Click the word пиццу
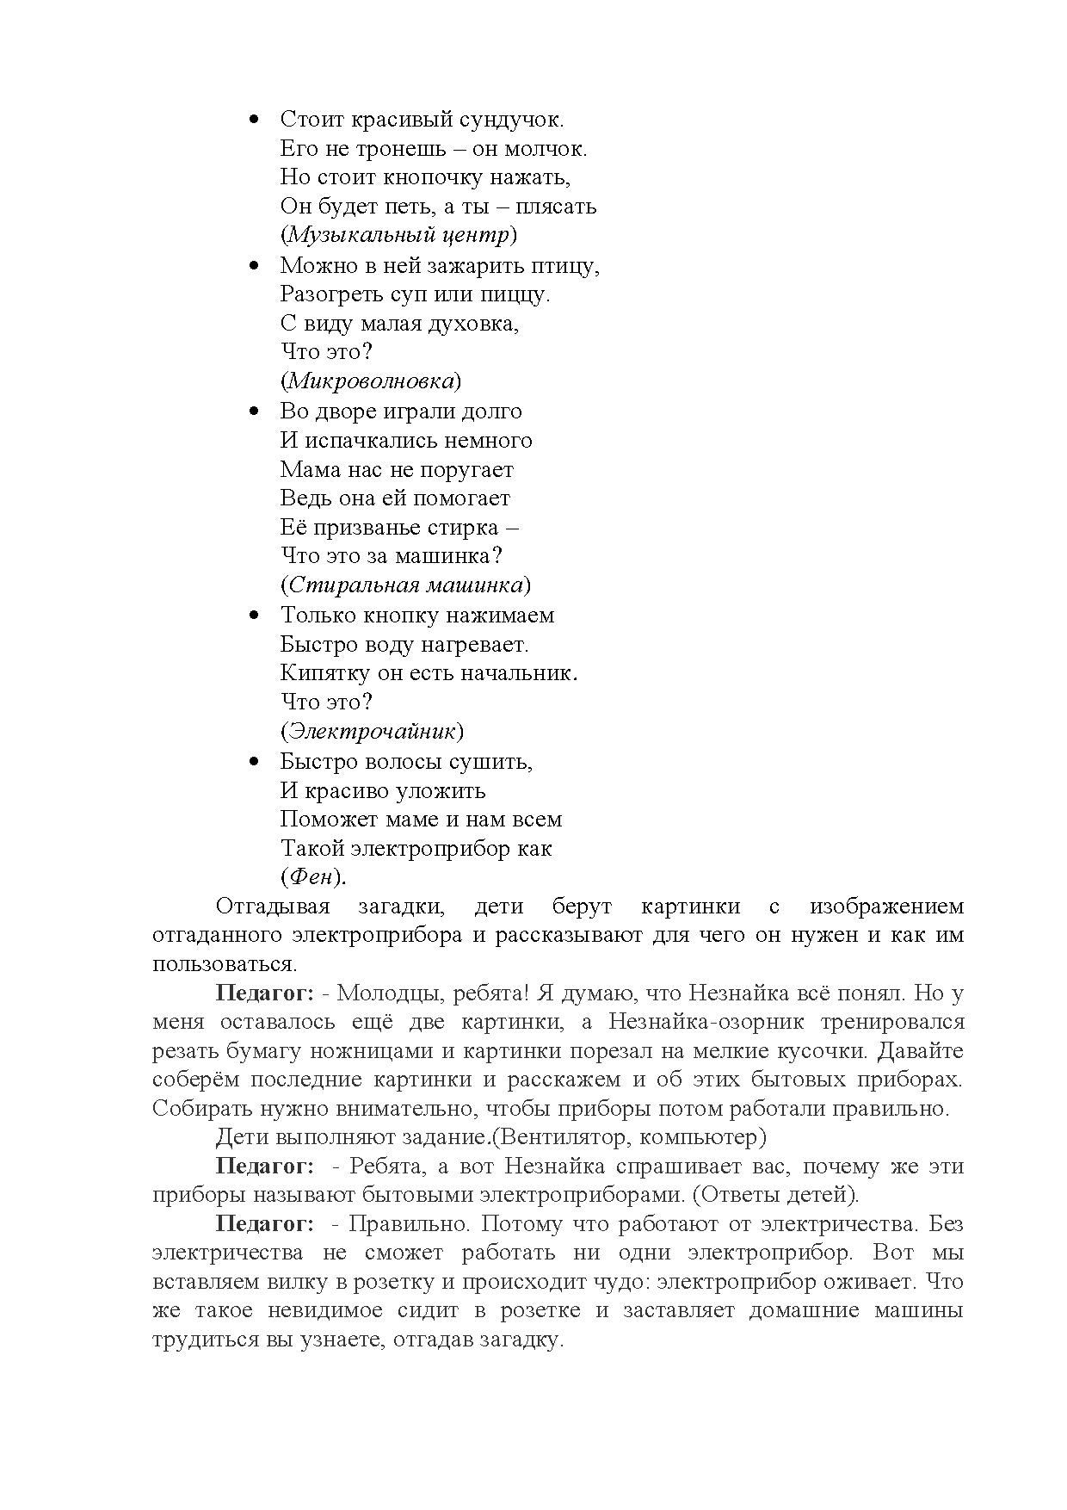[x=519, y=294]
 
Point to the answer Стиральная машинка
[x=405, y=585]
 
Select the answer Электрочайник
[x=371, y=731]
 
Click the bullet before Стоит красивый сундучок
[x=253, y=120]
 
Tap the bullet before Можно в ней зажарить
[x=253, y=266]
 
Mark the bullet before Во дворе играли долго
[x=253, y=412]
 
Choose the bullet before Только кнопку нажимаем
[x=253, y=616]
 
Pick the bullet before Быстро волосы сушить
[x=253, y=762]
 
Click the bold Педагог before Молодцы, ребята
[x=264, y=993]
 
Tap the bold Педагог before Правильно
[x=264, y=1224]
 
